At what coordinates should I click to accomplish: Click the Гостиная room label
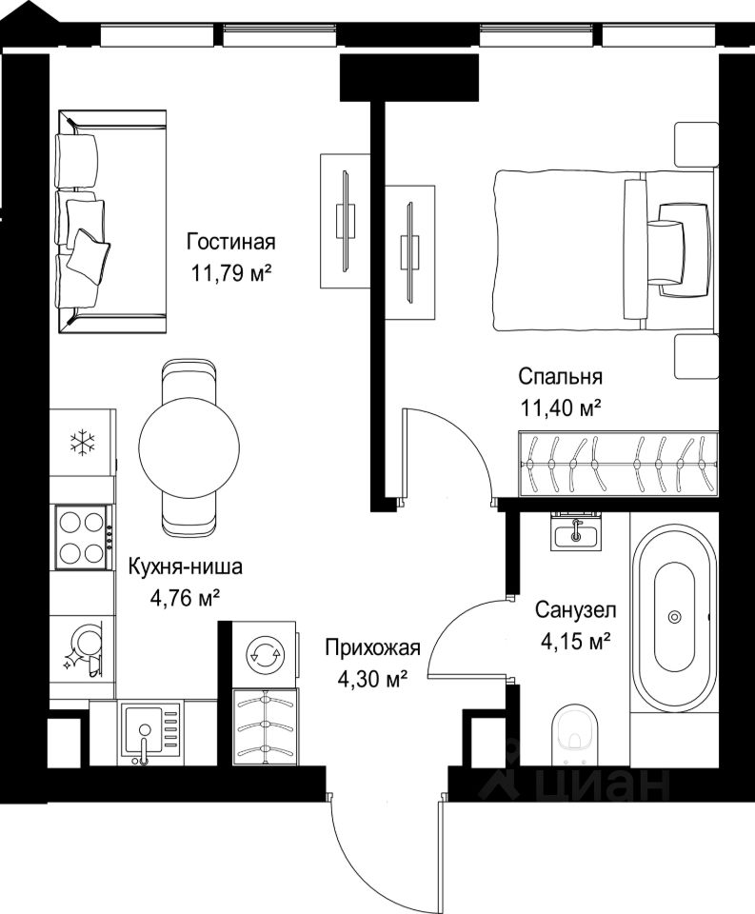pos(230,241)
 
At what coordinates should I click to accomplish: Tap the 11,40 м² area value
pos(560,408)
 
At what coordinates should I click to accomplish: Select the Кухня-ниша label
pos(185,566)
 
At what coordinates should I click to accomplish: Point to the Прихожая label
pos(372,647)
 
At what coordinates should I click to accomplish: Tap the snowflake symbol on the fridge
pos(82,442)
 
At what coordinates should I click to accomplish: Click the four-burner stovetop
pos(82,537)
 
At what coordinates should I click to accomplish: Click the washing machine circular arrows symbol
pos(265,654)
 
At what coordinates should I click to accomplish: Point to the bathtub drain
pos(674,616)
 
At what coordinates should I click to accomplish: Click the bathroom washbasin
pos(576,531)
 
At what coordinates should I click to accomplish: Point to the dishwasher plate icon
pos(83,649)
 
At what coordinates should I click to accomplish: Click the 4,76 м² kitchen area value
pos(185,597)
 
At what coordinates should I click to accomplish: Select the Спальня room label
pos(560,377)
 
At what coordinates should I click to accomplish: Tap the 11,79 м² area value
pos(231,272)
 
